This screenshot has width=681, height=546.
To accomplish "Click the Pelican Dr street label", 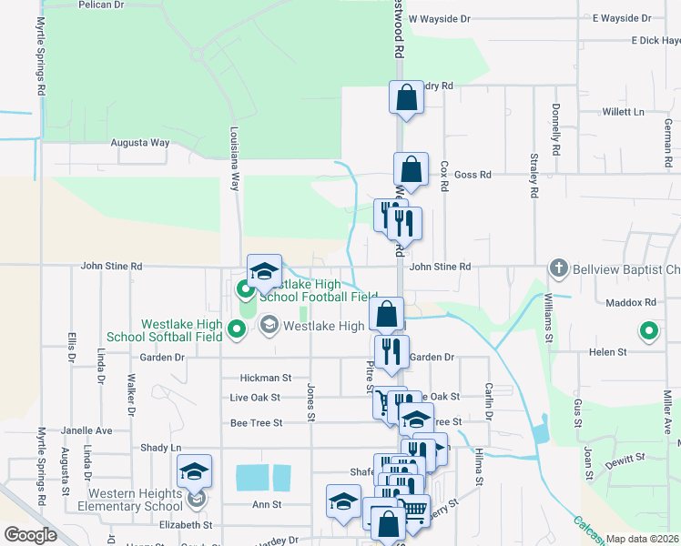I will (x=101, y=5).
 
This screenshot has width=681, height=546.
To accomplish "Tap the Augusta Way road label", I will (x=140, y=143).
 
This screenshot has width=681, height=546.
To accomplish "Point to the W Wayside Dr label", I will (x=439, y=18).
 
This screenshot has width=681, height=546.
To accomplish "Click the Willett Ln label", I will (x=624, y=112).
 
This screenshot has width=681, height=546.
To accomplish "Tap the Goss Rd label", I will (x=473, y=175).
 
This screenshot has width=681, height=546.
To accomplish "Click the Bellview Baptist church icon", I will (x=558, y=268).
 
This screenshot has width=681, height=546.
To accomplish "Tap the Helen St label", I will (x=608, y=351).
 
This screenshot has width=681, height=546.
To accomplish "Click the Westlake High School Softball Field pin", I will (x=237, y=329).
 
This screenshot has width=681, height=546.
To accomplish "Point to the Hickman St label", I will (x=265, y=378).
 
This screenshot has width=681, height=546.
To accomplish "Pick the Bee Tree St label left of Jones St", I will (x=257, y=422).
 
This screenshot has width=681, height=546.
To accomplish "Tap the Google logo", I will (x=30, y=535).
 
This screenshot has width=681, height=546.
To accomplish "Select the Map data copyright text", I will (x=641, y=539).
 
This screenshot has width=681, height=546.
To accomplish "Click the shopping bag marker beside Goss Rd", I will (x=411, y=168).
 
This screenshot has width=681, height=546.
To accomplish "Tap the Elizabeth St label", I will (x=185, y=524).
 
